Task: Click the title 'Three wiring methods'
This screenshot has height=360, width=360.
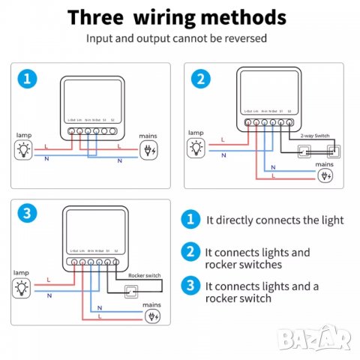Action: [178, 16]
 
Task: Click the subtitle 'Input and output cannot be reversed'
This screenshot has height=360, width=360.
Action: [178, 37]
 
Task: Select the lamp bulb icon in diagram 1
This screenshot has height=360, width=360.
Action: [25, 150]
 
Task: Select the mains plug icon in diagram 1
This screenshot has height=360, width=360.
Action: [149, 150]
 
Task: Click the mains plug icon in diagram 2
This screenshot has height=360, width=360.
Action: [324, 177]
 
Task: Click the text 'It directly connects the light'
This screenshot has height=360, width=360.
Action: [274, 220]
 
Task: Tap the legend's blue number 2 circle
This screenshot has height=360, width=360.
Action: [191, 253]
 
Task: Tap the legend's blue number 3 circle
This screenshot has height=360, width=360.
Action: [191, 286]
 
